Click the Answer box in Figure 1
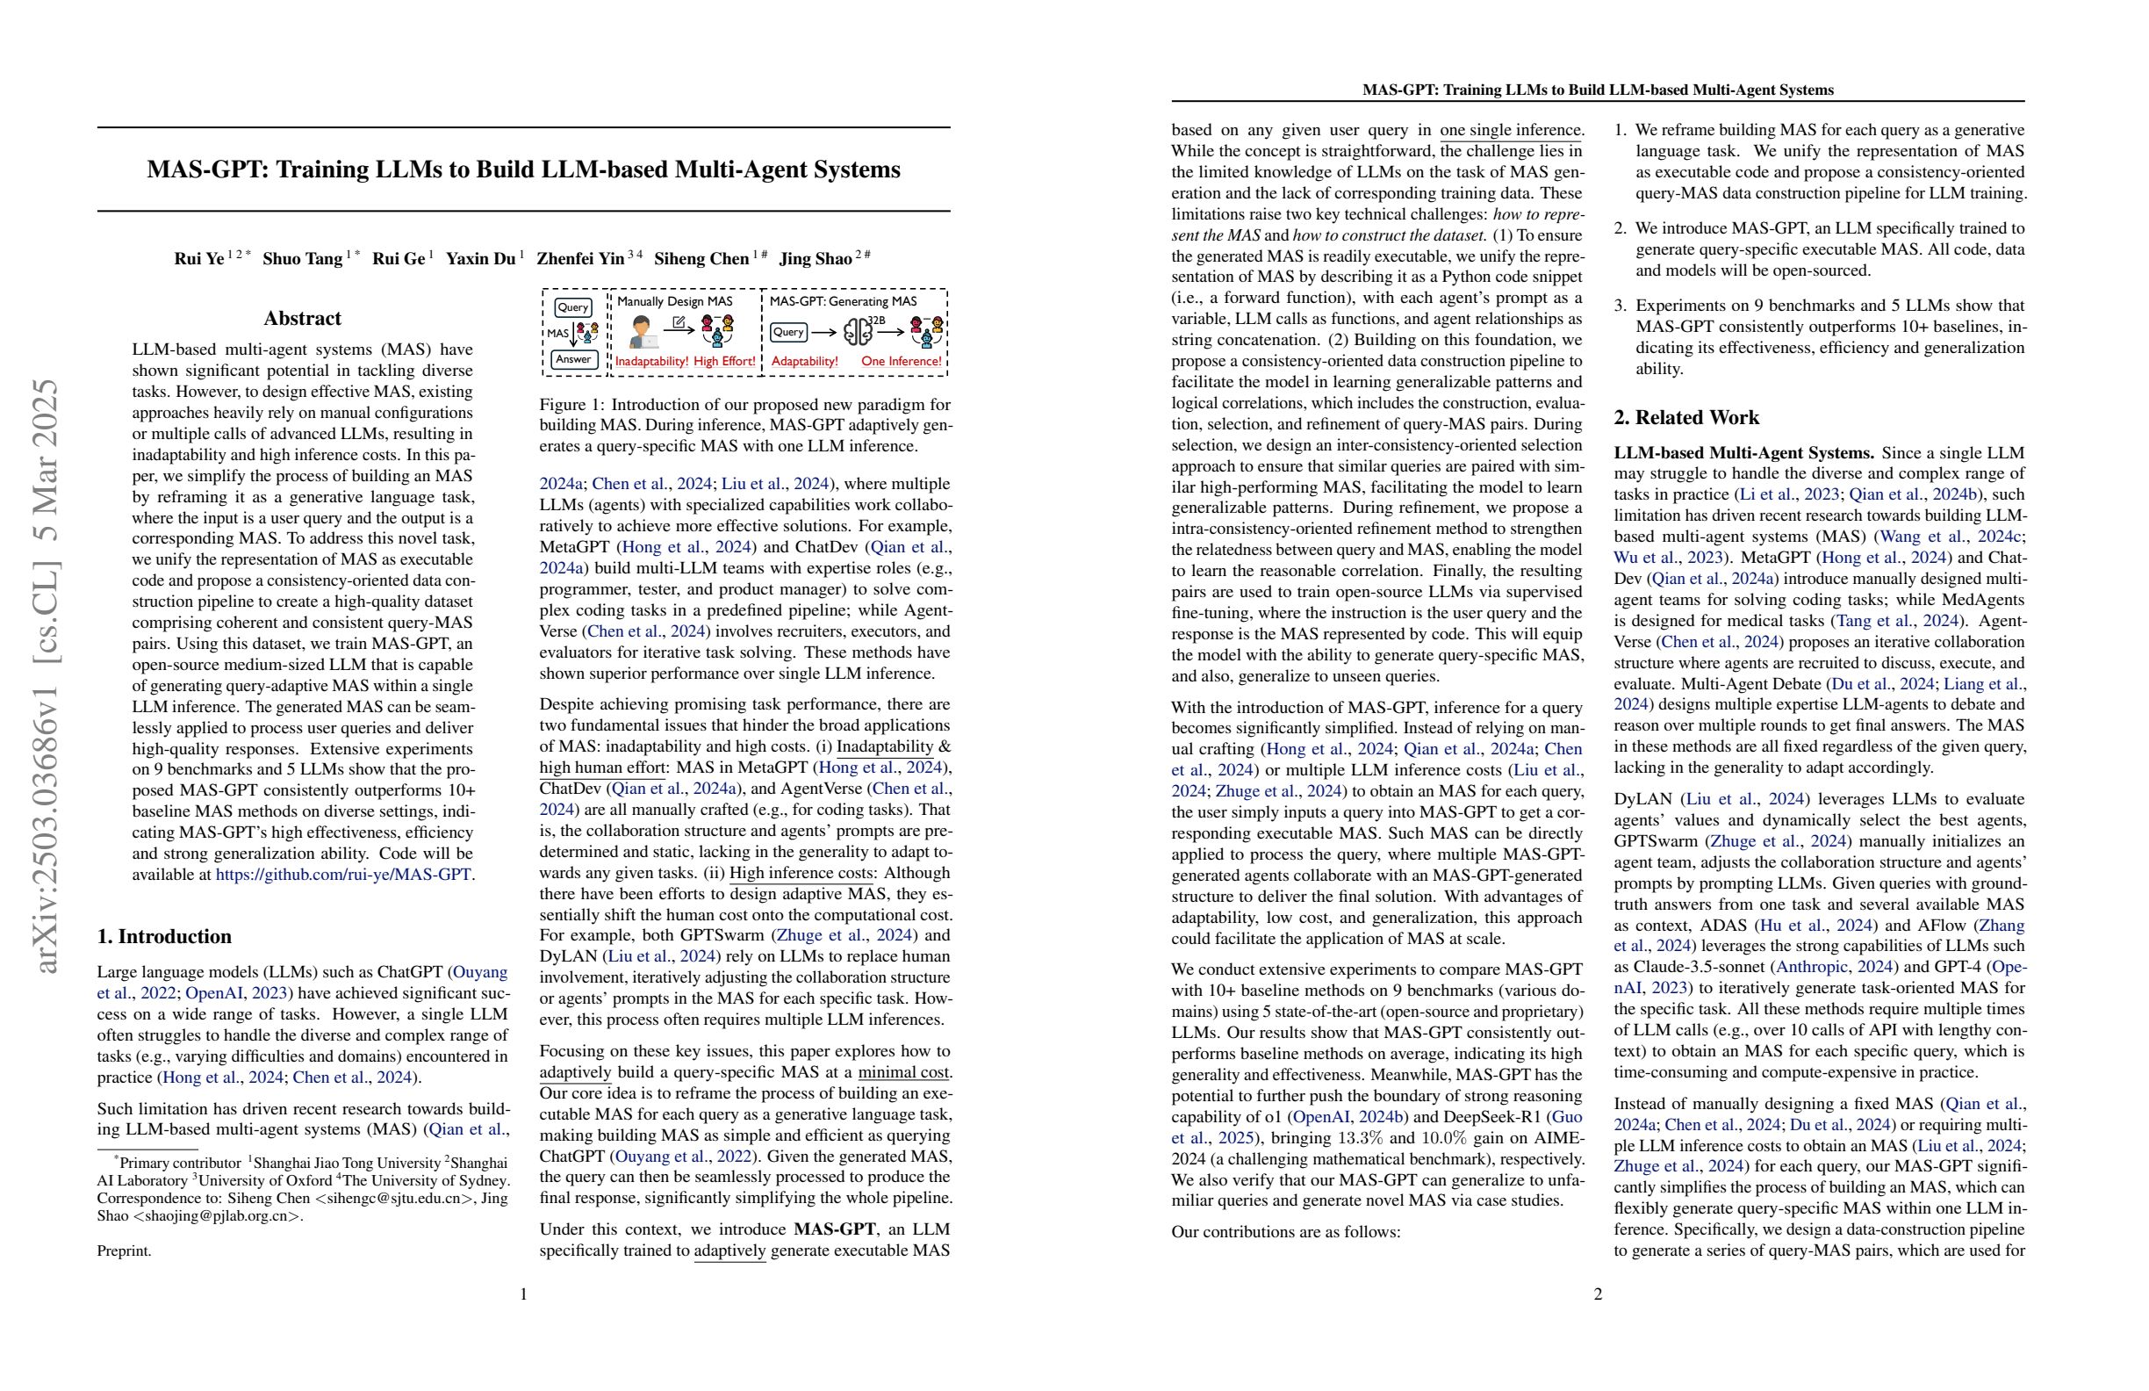(573, 359)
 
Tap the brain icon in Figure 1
(857, 333)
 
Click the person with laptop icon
(642, 333)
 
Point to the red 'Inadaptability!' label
(652, 361)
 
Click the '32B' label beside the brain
(877, 320)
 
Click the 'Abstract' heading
(303, 318)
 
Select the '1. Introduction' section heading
(164, 937)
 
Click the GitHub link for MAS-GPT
(343, 875)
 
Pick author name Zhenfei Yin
(579, 259)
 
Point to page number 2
(1599, 1294)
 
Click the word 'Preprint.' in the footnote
(125, 1251)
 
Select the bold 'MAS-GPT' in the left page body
(834, 1229)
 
